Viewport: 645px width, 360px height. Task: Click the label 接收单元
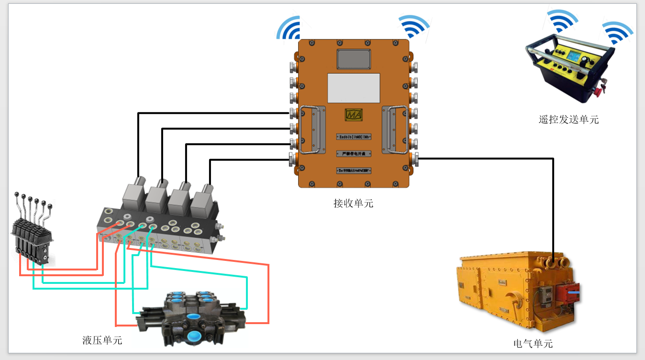click(x=353, y=203)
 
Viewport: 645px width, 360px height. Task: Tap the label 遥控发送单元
click(x=568, y=120)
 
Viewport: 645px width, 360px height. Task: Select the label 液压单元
click(x=102, y=340)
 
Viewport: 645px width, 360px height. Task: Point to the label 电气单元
click(x=533, y=343)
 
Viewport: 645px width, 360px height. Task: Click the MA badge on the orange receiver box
click(x=354, y=115)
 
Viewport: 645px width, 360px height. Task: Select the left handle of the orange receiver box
click(x=311, y=129)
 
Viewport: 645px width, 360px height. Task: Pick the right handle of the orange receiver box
click(x=395, y=129)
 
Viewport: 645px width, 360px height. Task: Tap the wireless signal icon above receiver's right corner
click(x=414, y=27)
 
